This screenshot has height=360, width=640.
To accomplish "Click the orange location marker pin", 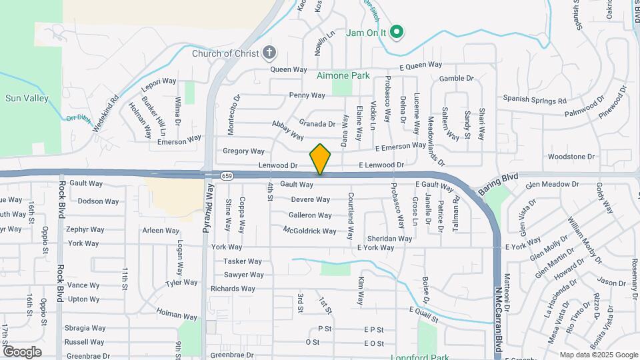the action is pyautogui.click(x=320, y=159).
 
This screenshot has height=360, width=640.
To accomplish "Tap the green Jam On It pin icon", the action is pyautogui.click(x=397, y=31).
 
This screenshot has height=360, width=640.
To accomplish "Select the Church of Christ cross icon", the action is pyautogui.click(x=269, y=53).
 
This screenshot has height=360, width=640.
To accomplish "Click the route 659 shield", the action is pyautogui.click(x=227, y=176).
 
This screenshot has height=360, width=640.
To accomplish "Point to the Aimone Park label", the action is pyautogui.click(x=343, y=76).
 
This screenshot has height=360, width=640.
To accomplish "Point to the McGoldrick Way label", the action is pyautogui.click(x=309, y=231).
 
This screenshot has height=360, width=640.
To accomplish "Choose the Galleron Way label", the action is pyautogui.click(x=310, y=215).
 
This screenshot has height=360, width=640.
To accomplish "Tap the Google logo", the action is pyautogui.click(x=22, y=351).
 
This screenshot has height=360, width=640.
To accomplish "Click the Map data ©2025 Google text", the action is pyautogui.click(x=598, y=355).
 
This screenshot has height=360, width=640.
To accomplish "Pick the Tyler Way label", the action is pyautogui.click(x=182, y=283).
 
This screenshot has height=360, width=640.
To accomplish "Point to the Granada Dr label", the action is pyautogui.click(x=317, y=124).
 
